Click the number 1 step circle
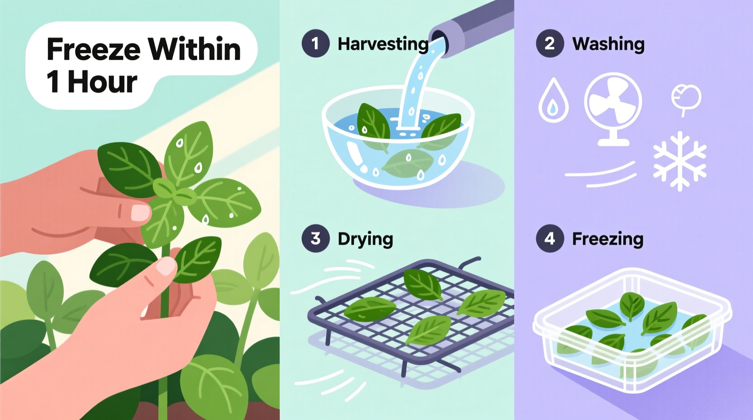click(x=315, y=43)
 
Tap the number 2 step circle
click(x=550, y=43)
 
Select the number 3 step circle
click(x=315, y=239)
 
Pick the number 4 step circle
click(x=550, y=239)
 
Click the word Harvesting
click(x=383, y=44)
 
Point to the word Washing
click(x=608, y=44)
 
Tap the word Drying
click(x=365, y=239)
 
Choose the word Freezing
click(x=607, y=239)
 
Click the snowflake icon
click(x=680, y=161)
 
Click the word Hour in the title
click(x=102, y=82)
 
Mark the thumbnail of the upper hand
click(x=140, y=212)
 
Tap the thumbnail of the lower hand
click(x=166, y=266)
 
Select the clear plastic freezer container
click(x=633, y=330)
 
